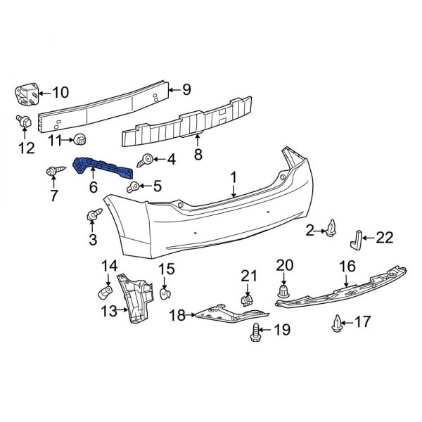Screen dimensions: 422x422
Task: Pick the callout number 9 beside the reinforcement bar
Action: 186,89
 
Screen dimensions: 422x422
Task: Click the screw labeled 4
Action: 148,160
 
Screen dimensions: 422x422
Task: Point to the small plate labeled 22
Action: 357,239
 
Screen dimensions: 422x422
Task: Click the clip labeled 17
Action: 336,323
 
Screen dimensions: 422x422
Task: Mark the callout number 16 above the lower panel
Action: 347,267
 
